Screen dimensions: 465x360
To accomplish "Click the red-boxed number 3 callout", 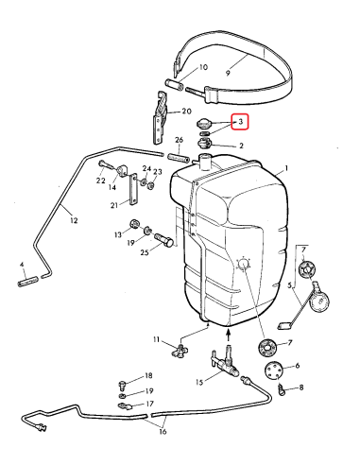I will point(240,122).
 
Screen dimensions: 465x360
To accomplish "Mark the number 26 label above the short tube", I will point(178,140).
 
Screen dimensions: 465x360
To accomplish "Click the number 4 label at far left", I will point(22,266).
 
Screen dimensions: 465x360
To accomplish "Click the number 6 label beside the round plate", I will point(299,366).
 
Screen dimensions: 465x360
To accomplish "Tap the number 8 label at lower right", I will point(300,387).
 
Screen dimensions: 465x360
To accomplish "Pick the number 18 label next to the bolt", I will point(148,375).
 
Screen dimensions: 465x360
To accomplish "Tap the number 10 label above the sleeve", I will point(201,68).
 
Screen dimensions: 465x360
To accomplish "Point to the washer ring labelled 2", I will point(205,145).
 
